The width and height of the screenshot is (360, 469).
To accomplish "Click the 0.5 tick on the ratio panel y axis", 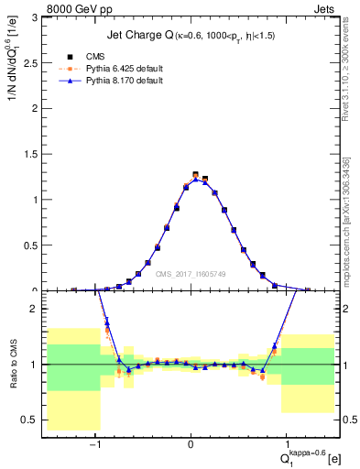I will [32, 420].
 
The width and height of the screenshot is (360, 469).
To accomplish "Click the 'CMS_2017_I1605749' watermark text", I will [191, 274].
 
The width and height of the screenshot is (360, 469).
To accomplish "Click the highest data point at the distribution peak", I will [195, 173].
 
